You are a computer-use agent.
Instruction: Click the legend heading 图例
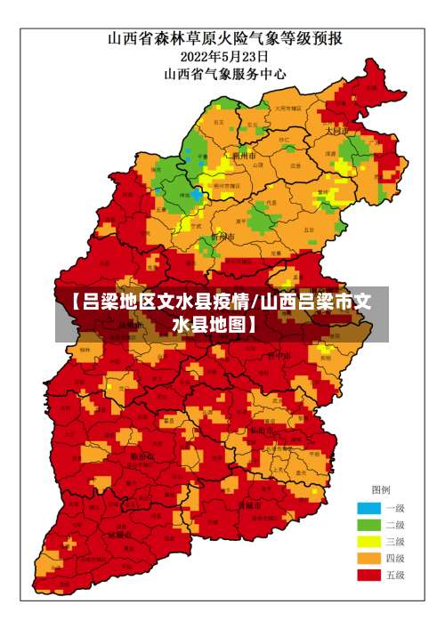[380, 489]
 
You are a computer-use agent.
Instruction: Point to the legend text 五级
[395, 575]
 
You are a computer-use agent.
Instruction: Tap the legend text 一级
[395, 507]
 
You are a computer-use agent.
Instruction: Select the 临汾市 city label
[142, 456]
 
